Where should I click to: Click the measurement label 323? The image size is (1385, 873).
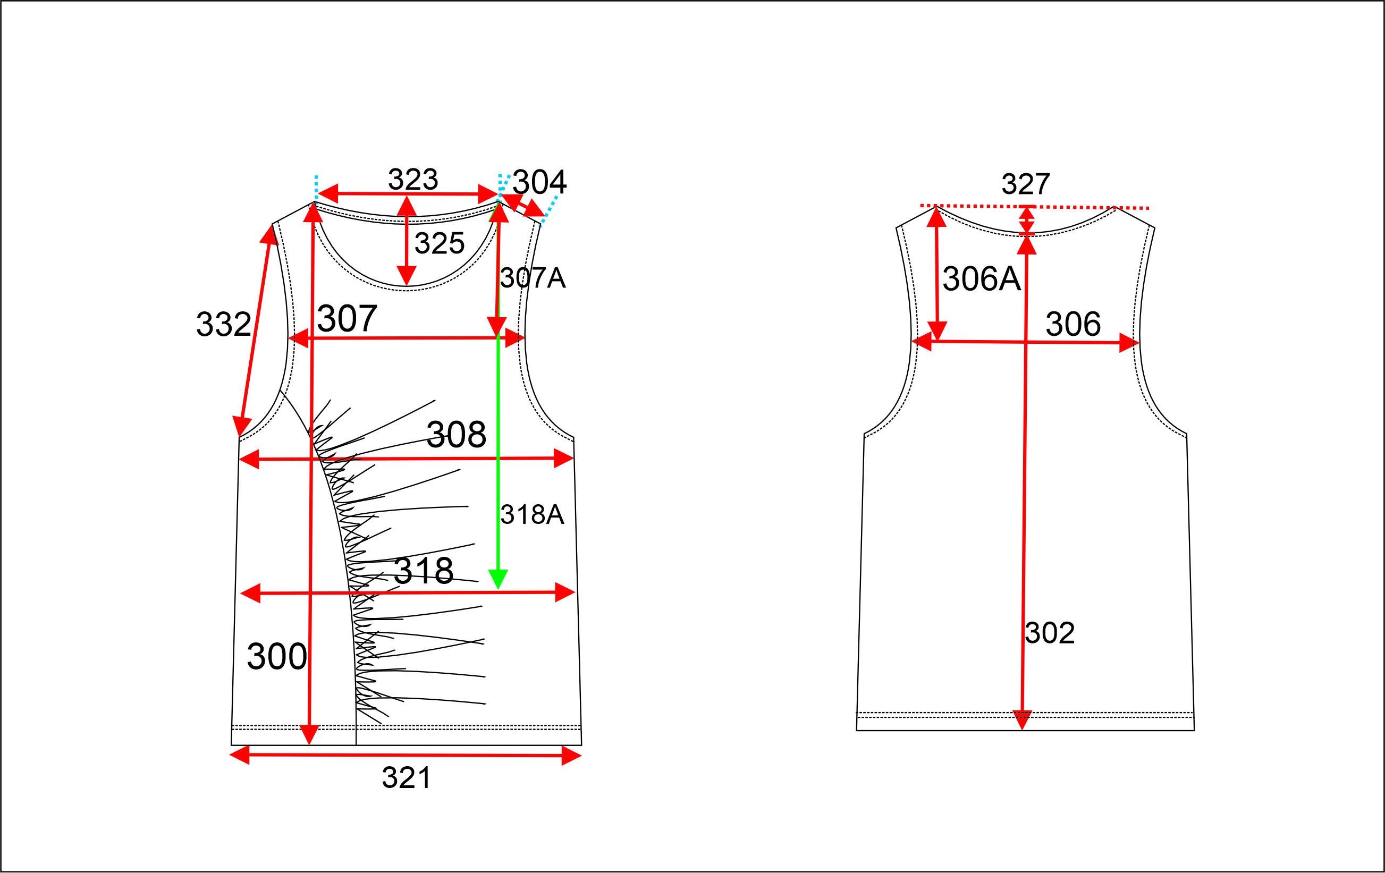pos(413,179)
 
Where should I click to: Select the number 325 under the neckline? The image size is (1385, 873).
pos(440,243)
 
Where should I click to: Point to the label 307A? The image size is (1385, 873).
pos(533,278)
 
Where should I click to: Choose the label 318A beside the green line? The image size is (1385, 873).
pos(532,514)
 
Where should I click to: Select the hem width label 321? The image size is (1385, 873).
pos(406,778)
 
